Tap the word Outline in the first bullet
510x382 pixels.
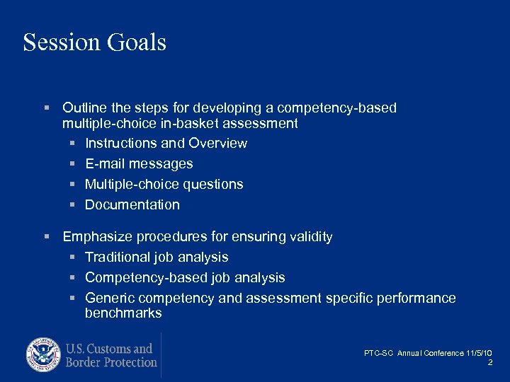click(84, 108)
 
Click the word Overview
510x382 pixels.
click(218, 143)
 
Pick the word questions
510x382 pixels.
click(213, 184)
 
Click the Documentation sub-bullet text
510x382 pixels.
click(132, 204)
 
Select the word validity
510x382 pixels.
click(310, 236)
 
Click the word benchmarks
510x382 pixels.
click(123, 313)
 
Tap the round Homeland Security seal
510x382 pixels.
click(44, 355)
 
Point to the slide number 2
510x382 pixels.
click(490, 362)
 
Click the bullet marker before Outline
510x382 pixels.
click(46, 108)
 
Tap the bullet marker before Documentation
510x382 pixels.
click(72, 204)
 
